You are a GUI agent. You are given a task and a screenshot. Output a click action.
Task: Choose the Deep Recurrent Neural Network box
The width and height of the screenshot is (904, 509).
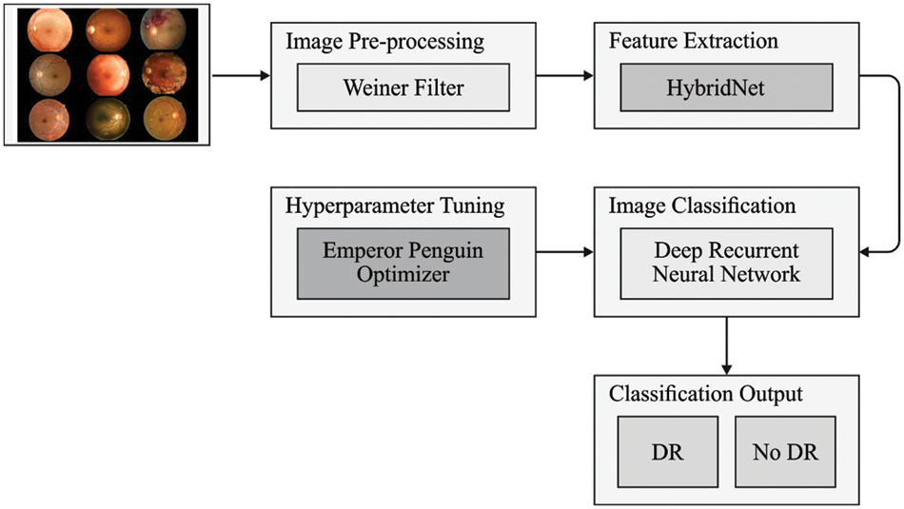point(727,261)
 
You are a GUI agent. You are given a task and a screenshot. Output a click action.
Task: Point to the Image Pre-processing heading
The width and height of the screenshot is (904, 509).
point(384,43)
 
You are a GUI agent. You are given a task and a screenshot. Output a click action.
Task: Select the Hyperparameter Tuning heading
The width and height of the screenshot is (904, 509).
point(394,206)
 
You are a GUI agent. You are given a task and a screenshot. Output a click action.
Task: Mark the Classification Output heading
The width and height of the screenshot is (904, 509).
point(706,393)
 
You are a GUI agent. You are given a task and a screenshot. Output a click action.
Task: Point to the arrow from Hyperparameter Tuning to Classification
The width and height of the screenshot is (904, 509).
point(564,252)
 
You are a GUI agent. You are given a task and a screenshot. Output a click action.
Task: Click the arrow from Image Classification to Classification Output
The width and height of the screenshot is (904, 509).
point(727,344)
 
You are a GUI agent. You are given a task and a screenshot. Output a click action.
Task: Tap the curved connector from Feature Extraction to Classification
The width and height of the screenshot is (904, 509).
point(895,162)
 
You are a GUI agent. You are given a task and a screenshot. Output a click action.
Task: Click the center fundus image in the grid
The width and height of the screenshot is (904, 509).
point(105,74)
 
